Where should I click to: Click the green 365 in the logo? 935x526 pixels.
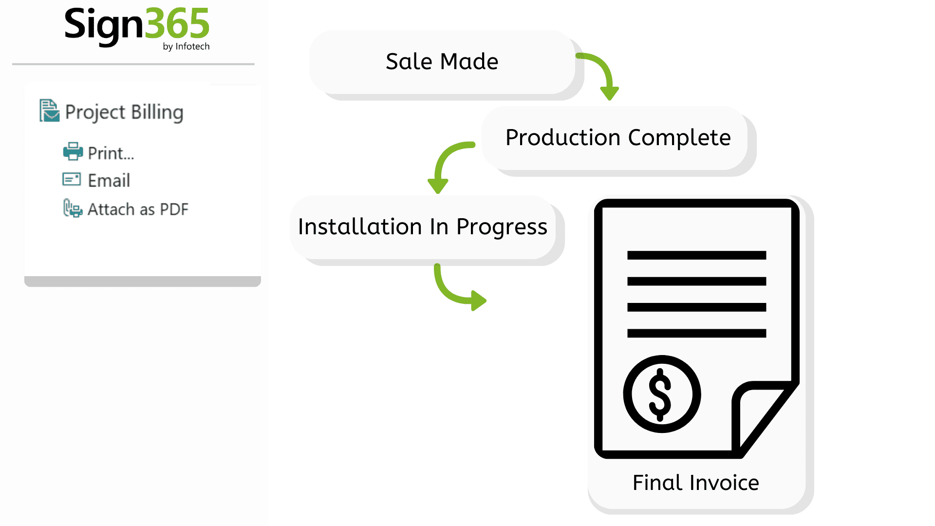[177, 24]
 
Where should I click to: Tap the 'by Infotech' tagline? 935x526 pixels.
[186, 46]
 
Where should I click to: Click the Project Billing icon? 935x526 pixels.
[49, 111]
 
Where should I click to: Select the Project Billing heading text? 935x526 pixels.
[124, 112]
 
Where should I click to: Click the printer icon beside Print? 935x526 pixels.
[73, 151]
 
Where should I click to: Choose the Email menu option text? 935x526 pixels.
[109, 181]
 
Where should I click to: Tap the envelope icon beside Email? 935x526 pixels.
[72, 179]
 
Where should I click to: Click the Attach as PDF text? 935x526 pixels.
[138, 209]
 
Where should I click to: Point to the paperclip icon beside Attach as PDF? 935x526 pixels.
[73, 208]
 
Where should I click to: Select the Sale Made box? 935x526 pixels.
[442, 62]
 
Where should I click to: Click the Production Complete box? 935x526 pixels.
[617, 138]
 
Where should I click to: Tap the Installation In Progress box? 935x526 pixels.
[423, 227]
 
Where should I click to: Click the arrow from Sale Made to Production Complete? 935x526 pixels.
[602, 73]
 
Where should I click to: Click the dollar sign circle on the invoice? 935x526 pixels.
[661, 394]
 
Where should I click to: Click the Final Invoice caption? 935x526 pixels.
[695, 483]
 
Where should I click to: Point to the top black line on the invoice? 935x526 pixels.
[696, 255]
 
